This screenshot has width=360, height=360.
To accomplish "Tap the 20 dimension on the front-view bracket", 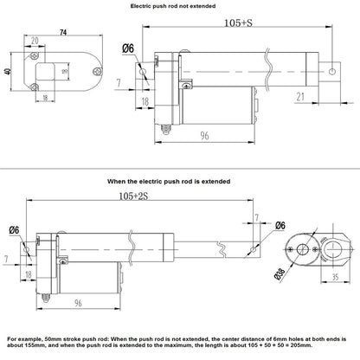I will click(34, 42).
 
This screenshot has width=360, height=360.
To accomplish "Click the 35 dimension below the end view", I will click(333, 280).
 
